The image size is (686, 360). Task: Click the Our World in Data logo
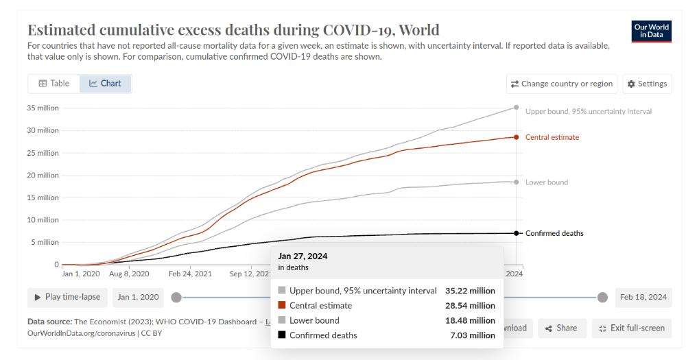coord(652,32)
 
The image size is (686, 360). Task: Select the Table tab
coord(54,84)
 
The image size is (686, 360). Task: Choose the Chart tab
coord(106,84)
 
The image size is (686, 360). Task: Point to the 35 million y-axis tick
coord(43,108)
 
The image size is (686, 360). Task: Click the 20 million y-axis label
coord(43,176)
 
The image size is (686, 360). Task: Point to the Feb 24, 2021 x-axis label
coord(190,274)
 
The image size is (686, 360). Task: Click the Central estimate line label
coord(552,137)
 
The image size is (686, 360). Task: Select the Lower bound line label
coord(547,182)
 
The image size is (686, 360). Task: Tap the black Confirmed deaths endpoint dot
coord(517,233)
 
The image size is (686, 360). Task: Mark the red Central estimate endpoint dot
coord(517,137)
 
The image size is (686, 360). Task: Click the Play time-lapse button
coord(67,297)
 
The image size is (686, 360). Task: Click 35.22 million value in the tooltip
coord(470,291)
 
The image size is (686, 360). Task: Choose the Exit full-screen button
coord(632,328)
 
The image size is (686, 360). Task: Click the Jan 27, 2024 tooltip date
coord(303,256)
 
